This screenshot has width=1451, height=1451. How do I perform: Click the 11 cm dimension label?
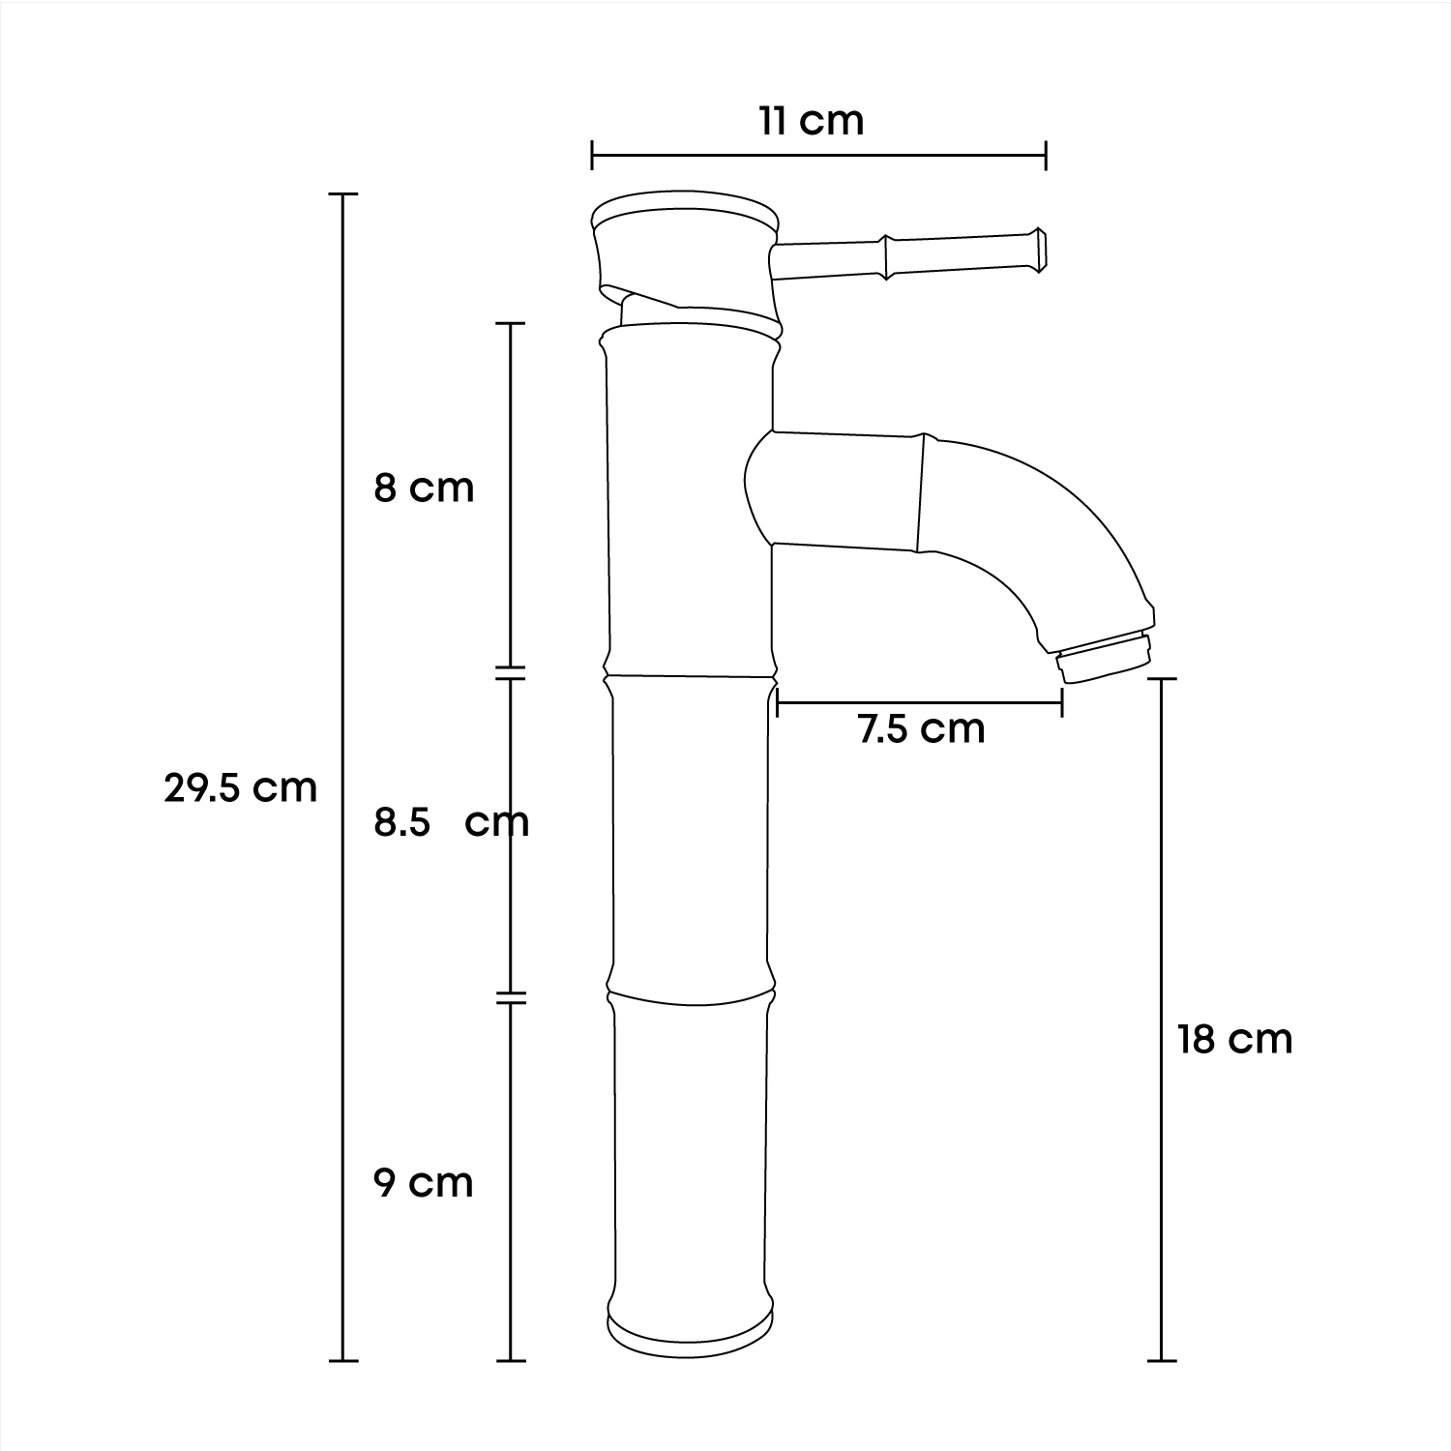[x=811, y=122]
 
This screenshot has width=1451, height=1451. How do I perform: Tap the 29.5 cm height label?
[x=241, y=788]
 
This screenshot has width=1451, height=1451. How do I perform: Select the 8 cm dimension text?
[x=425, y=488]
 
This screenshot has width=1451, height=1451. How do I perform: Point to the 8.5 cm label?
[x=452, y=822]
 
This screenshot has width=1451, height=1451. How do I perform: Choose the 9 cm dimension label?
[x=424, y=1182]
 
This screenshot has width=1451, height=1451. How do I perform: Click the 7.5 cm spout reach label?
[x=921, y=727]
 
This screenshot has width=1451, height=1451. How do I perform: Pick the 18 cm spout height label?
[x=1235, y=1039]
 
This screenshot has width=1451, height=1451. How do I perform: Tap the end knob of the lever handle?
[x=1038, y=249]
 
